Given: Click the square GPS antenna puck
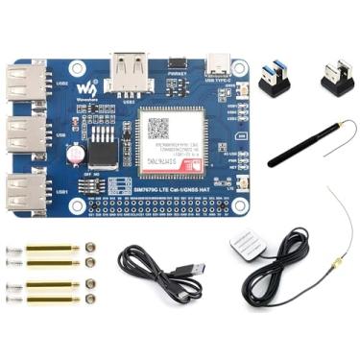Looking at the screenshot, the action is point(248,248).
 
